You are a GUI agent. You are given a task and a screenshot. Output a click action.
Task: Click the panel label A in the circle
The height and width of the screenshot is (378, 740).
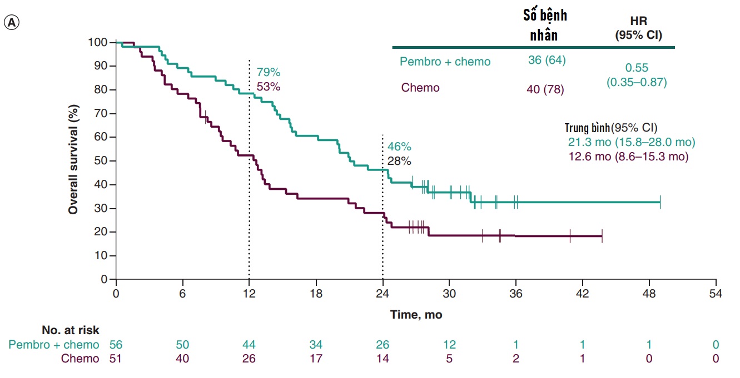(x=11, y=22)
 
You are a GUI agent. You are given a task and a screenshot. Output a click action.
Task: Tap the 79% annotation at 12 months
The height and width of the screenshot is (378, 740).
(x=269, y=73)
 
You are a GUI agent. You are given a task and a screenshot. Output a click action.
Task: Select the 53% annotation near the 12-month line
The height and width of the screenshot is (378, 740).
(x=269, y=87)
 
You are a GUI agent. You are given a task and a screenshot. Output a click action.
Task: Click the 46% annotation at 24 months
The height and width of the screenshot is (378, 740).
(x=399, y=147)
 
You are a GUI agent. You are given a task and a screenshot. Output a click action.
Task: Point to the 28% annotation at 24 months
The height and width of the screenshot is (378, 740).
(x=399, y=162)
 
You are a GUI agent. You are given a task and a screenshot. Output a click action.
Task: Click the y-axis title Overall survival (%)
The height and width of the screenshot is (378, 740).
(x=73, y=161)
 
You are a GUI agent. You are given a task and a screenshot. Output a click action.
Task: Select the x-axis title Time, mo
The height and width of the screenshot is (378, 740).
(x=416, y=315)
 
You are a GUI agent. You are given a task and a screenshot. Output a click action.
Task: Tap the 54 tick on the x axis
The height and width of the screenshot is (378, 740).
(x=716, y=294)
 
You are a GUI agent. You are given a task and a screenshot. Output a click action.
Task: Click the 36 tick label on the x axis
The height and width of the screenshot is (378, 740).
(x=516, y=294)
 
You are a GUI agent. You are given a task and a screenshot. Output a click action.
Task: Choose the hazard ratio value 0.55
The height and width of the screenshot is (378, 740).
(x=637, y=68)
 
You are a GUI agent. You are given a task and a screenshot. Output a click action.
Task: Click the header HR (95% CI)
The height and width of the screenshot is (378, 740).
(x=638, y=27)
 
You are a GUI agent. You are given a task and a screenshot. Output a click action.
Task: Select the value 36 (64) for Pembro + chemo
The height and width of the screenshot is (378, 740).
(x=547, y=60)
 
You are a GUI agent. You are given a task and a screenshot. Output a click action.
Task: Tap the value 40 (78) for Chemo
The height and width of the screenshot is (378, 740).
(x=545, y=89)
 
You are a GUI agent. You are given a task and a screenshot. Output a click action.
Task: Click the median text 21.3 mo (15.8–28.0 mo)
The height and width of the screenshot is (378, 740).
(x=631, y=142)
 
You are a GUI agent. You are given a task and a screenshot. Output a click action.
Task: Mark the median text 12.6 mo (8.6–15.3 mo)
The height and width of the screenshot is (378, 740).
(x=628, y=157)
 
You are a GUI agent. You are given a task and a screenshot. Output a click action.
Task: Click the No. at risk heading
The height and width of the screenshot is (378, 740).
(x=71, y=330)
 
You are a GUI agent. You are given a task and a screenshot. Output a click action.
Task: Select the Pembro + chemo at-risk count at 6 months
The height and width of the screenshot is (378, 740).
(x=182, y=344)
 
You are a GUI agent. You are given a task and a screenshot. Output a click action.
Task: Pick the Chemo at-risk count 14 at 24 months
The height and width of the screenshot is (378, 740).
(x=383, y=359)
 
